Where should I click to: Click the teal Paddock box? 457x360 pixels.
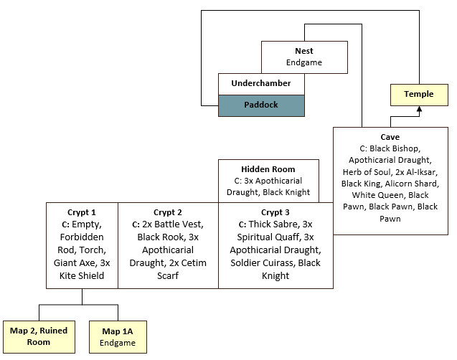tap(261, 104)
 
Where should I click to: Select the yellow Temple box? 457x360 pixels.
tap(418, 94)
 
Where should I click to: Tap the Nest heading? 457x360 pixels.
tap(304, 51)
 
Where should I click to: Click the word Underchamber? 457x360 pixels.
tap(261, 84)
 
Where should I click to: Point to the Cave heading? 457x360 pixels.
tap(390, 136)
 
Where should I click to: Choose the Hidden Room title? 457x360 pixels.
tap(268, 169)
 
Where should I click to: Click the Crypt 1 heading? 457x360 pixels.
tap(83, 212)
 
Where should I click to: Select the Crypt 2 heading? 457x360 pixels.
tap(168, 212)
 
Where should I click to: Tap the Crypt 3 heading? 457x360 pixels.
tap(275, 212)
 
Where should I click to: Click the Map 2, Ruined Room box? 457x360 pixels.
tap(39, 336)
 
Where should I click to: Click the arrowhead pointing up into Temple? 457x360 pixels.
tap(419, 108)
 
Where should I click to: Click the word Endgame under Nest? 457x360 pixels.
tap(304, 62)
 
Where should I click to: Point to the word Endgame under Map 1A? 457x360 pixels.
tap(118, 343)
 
